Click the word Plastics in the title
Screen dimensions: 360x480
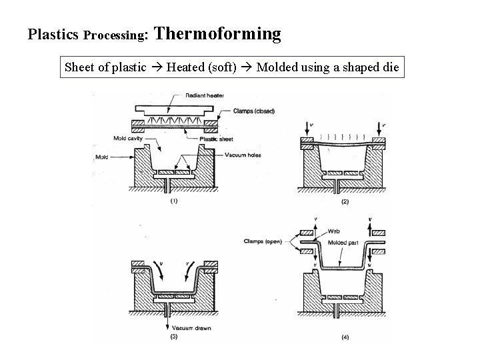click(x=53, y=35)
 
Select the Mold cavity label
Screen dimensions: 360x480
click(x=111, y=140)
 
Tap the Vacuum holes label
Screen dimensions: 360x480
click(x=243, y=155)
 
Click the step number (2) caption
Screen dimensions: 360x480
click(x=344, y=201)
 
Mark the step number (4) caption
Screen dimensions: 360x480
click(x=344, y=337)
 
